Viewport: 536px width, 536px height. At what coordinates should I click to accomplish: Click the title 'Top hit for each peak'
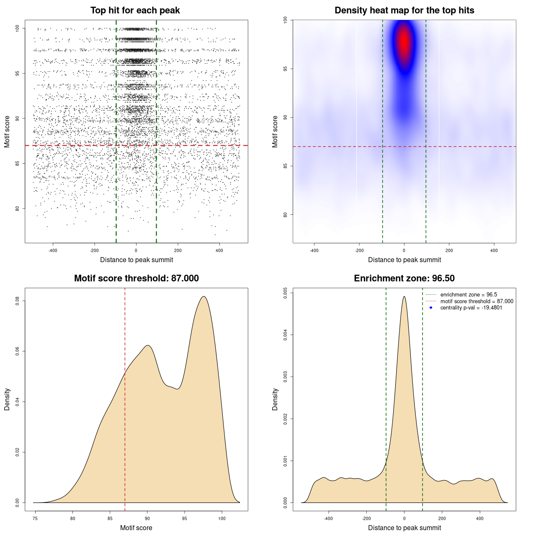point(135,10)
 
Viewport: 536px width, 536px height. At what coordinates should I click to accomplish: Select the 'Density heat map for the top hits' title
point(404,10)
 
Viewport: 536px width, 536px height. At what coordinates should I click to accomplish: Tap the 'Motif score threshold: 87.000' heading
point(136,278)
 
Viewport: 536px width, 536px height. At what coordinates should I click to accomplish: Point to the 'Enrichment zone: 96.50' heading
point(404,278)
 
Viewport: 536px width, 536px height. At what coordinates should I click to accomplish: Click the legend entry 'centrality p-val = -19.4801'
point(471,308)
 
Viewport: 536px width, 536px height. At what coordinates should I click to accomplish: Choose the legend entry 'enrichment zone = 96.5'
point(469,295)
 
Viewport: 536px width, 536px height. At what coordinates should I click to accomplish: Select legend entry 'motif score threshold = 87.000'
point(477,301)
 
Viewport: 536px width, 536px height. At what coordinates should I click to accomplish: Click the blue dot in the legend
point(431,308)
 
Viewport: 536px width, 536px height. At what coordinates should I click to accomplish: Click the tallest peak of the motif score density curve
point(204,296)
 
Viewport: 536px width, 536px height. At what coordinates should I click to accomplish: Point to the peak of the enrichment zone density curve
point(404,296)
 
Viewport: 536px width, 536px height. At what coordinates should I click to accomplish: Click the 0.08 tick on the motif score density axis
point(18,301)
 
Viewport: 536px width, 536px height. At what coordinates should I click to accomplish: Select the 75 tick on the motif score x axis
point(35,518)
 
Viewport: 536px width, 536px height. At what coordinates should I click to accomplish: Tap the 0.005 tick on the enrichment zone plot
point(286,292)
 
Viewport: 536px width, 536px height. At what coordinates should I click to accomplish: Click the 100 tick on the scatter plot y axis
point(18,28)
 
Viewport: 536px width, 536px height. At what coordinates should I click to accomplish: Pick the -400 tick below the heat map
point(314,250)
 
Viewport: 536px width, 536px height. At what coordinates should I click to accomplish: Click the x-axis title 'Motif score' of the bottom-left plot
point(136,528)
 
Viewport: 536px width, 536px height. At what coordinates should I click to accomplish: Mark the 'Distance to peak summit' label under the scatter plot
point(137,260)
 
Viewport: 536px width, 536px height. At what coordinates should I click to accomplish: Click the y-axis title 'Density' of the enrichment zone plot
point(275,399)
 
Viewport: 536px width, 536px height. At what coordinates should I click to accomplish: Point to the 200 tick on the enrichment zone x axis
point(442,518)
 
